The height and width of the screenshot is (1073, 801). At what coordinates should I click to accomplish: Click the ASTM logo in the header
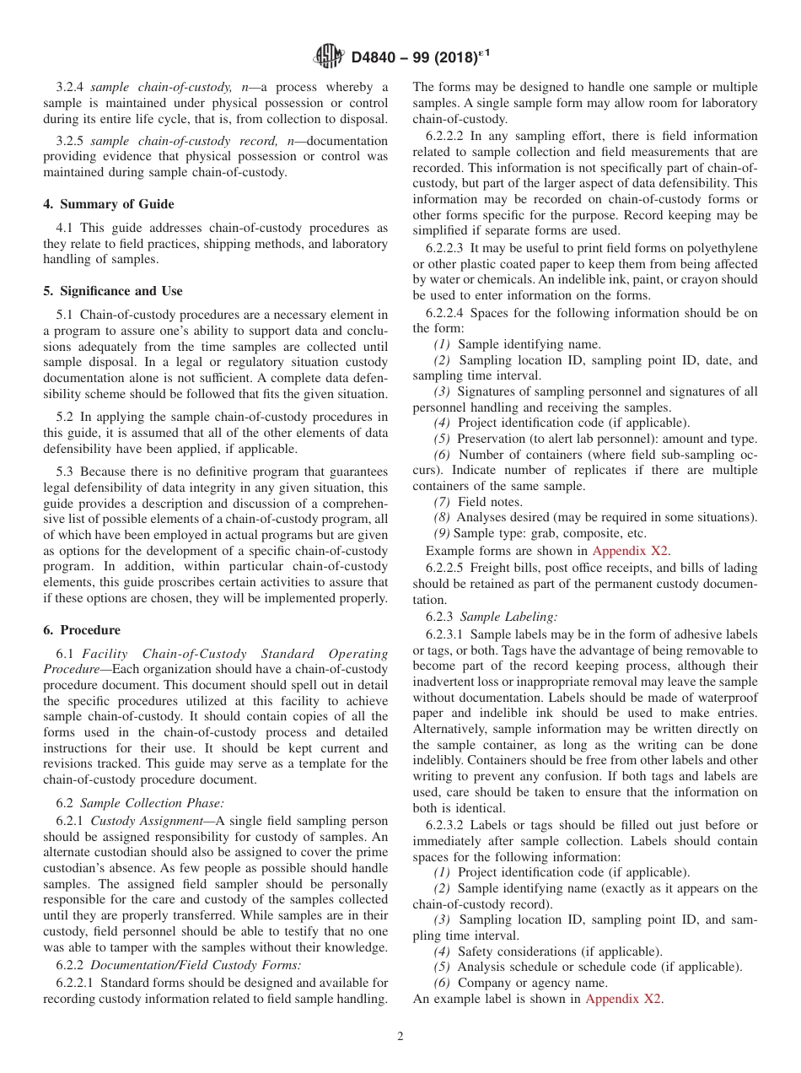coord(329,57)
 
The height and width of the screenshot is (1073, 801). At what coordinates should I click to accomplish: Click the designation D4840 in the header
coord(378,57)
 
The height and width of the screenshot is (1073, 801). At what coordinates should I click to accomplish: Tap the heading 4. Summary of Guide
coord(109,203)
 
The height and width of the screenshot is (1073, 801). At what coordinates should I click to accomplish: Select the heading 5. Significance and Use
coord(113,291)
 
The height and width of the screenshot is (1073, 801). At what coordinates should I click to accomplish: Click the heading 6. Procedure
coord(82,630)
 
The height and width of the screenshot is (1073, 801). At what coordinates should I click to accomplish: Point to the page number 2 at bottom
coord(400,1037)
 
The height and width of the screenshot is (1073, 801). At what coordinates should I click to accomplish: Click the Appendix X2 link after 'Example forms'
coord(630,551)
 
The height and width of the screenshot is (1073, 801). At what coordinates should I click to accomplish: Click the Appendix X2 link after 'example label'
coord(623,999)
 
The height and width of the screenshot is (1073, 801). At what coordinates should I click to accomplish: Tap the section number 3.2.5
coord(71,141)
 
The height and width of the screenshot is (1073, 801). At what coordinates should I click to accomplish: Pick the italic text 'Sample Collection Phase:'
coord(152,804)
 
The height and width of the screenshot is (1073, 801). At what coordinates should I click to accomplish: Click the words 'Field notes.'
coord(490,502)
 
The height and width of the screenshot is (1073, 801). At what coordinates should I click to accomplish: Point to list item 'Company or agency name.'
coord(532,983)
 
